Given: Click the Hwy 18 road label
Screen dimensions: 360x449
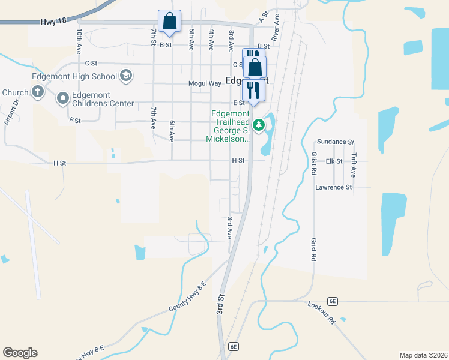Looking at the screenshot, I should pyautogui.click(x=53, y=22).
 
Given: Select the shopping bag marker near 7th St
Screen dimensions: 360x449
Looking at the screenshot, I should pyautogui.click(x=169, y=22).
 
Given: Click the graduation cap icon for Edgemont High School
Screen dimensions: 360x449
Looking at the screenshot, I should pyautogui.click(x=126, y=76).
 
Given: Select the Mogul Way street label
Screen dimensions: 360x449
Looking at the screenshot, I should pyautogui.click(x=205, y=83).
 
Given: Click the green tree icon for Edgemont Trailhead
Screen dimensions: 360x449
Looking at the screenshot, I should pyautogui.click(x=259, y=125).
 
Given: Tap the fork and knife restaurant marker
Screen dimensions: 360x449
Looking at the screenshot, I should pyautogui.click(x=254, y=90).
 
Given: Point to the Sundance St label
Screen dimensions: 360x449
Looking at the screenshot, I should pyautogui.click(x=336, y=142).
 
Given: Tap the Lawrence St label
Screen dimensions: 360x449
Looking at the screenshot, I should pyautogui.click(x=333, y=187).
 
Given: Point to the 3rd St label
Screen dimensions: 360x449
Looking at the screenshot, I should pyautogui.click(x=221, y=305).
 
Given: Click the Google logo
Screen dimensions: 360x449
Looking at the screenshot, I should pyautogui.click(x=20, y=353).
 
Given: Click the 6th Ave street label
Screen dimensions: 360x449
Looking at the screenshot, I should pyautogui.click(x=172, y=131).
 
